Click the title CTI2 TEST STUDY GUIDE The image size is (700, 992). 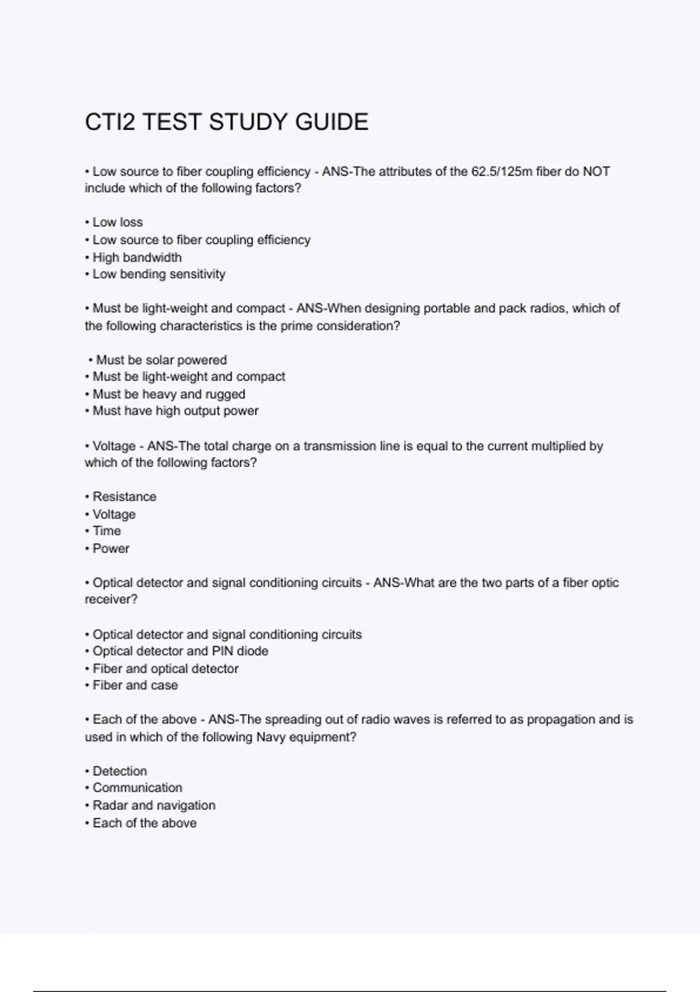click(x=226, y=122)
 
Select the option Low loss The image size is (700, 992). click(x=117, y=222)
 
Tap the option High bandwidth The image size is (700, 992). click(x=136, y=257)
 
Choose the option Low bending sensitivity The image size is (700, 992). click(x=159, y=274)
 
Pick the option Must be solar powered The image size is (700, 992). click(x=161, y=360)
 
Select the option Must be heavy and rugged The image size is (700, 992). click(x=169, y=394)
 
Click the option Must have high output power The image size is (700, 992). click(x=175, y=411)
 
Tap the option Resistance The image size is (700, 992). click(x=124, y=497)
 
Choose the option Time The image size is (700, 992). click(x=107, y=531)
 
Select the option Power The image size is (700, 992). click(x=111, y=549)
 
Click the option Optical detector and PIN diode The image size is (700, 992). click(x=180, y=651)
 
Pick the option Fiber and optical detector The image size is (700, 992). click(x=165, y=669)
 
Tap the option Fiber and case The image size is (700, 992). click(x=135, y=686)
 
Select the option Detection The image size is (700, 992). click(x=120, y=771)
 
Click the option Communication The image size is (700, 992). click(x=137, y=788)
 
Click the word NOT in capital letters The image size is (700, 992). click(x=596, y=172)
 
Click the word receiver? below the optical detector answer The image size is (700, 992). click(x=111, y=600)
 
